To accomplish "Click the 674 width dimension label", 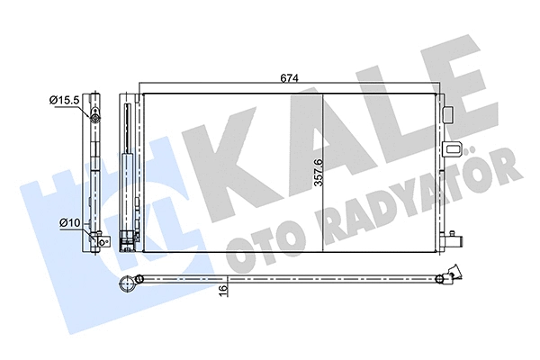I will (x=287, y=78).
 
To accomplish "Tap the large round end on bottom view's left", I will (x=129, y=285).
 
